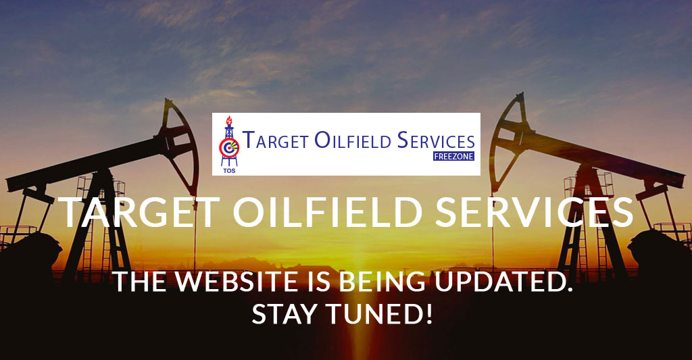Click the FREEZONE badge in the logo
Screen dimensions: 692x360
pyautogui.click(x=453, y=156)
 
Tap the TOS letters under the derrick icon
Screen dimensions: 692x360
pyautogui.click(x=230, y=170)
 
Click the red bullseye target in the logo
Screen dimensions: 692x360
pyautogui.click(x=229, y=147)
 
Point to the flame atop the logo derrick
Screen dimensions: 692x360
pyautogui.click(x=228, y=120)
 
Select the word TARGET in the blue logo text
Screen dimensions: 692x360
pyautogui.click(x=276, y=140)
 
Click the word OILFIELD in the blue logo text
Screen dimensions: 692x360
pyautogui.click(x=353, y=140)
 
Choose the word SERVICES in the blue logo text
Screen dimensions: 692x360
pyautogui.click(x=436, y=140)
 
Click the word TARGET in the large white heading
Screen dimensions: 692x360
pyautogui.click(x=139, y=212)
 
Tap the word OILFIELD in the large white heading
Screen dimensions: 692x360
pyautogui.click(x=328, y=212)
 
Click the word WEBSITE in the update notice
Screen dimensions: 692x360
pyautogui.click(x=236, y=282)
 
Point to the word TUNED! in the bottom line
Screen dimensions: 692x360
pyautogui.click(x=380, y=314)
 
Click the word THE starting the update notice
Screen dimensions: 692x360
pyautogui.click(x=139, y=282)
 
